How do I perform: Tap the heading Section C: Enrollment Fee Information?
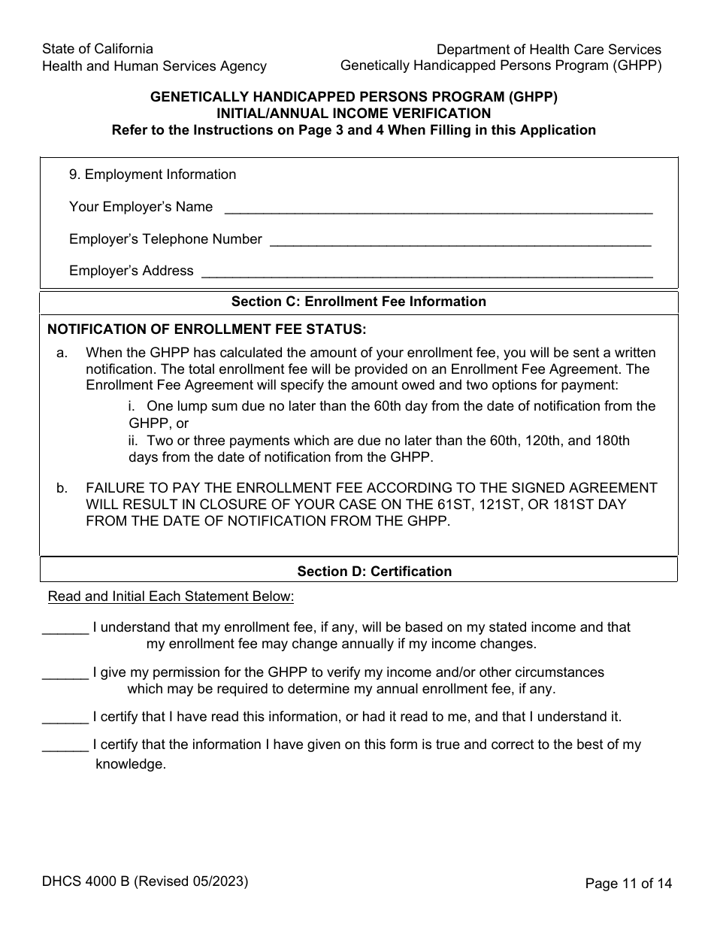pyautogui.click(x=359, y=302)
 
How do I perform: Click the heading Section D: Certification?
pyautogui.click(x=374, y=572)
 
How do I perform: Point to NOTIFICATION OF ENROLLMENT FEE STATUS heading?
pyautogui.click(x=207, y=329)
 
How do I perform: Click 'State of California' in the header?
pyautogui.click(x=98, y=49)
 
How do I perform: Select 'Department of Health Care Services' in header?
pyautogui.click(x=549, y=50)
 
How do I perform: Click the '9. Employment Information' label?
pyautogui.click(x=153, y=174)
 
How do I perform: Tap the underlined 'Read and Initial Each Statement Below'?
pyautogui.click(x=171, y=597)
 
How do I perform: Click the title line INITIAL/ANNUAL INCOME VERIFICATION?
pyautogui.click(x=353, y=114)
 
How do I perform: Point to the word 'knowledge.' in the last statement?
pyautogui.click(x=130, y=764)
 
